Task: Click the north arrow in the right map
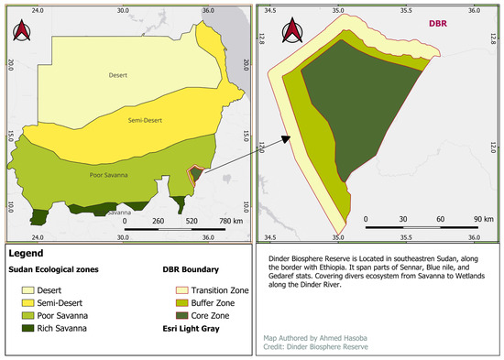292,30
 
